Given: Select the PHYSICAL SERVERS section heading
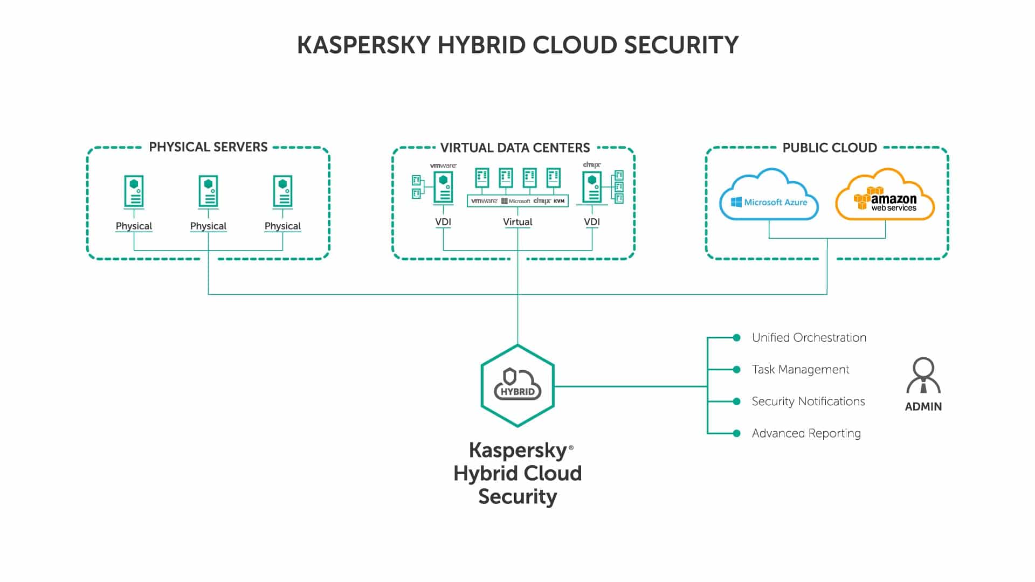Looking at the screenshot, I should [208, 147].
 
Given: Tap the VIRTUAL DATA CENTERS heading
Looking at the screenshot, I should [515, 148].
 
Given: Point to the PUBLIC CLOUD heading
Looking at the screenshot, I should [830, 148].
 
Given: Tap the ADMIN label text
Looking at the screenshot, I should [923, 407].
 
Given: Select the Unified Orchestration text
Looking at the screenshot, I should [809, 338].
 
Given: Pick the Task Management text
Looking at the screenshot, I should [801, 370].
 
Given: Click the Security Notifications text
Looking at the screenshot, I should [808, 401].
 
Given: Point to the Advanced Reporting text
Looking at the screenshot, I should [806, 433].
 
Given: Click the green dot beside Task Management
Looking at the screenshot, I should [737, 370].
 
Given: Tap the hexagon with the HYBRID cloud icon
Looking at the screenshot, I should [517, 386].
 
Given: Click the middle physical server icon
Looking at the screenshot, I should [208, 192].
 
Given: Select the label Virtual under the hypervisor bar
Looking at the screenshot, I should [517, 222].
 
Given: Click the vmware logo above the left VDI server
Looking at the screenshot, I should [443, 165].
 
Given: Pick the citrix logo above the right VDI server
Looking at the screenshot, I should [592, 165].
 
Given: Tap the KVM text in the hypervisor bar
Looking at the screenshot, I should [560, 201].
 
